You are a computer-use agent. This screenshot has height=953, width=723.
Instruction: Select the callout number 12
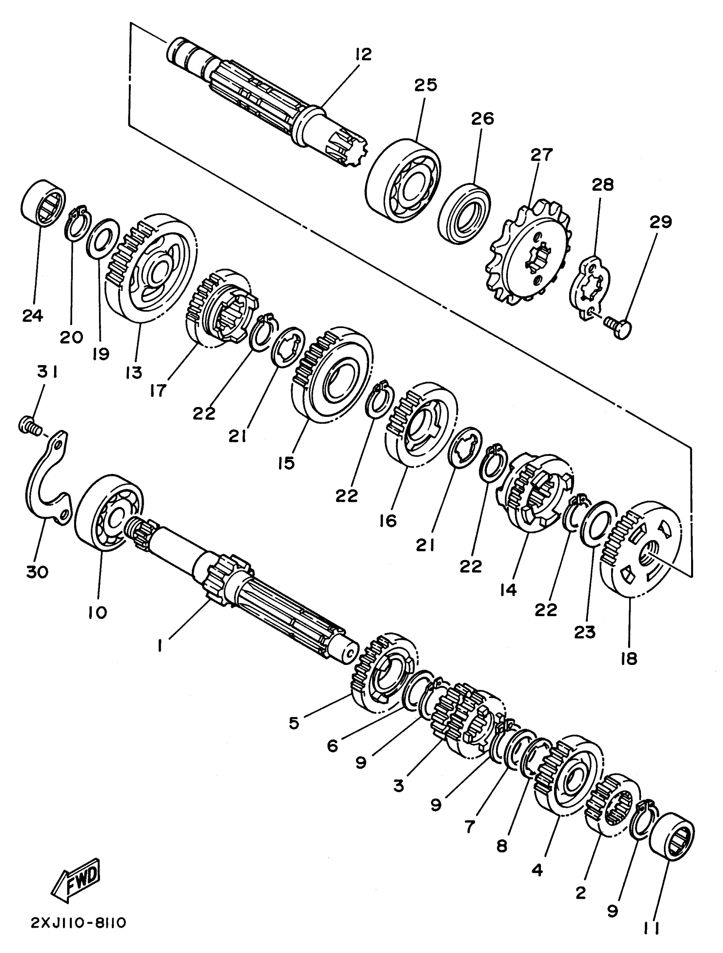[363, 54]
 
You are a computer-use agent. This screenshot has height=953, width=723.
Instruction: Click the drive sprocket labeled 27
[530, 254]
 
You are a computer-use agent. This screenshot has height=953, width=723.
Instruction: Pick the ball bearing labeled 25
[403, 181]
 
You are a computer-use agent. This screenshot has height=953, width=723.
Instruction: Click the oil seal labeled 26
[464, 214]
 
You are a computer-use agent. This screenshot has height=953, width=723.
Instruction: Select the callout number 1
[159, 646]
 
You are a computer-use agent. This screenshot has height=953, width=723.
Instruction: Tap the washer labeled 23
[597, 523]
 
